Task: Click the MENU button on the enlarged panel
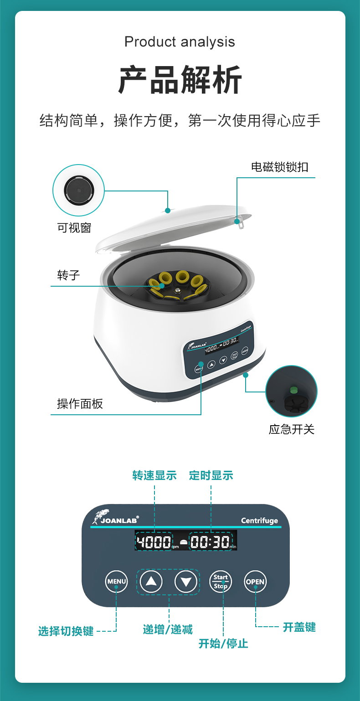[x=116, y=582]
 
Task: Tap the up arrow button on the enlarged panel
[x=151, y=582]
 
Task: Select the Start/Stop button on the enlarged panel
[x=221, y=582]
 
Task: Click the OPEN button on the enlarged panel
[x=255, y=582]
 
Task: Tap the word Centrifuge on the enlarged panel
[x=259, y=521]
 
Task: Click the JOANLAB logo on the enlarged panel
[x=115, y=517]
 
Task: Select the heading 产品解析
[x=180, y=80]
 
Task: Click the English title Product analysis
[x=180, y=42]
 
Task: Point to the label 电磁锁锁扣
[x=280, y=167]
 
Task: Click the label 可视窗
[x=74, y=228]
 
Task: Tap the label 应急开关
[x=292, y=429]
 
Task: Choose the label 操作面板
[x=80, y=404]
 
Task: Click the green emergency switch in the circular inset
[x=293, y=390]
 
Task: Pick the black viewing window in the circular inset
[x=79, y=190]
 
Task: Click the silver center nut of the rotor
[x=177, y=291]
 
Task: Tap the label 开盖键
[x=299, y=627]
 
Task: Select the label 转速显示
[x=154, y=475]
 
